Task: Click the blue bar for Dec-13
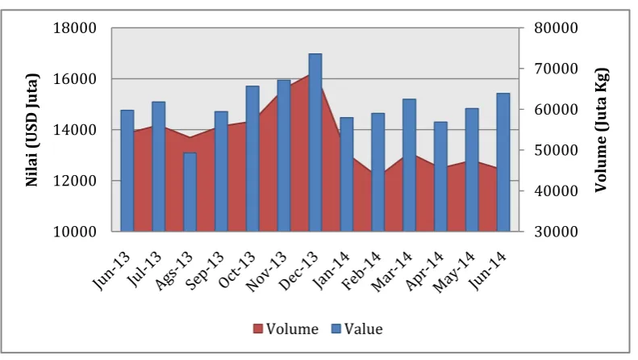[x=315, y=143]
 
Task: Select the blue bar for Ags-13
[x=190, y=192]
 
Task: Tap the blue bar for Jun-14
[x=503, y=162]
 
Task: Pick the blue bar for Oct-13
[x=252, y=159]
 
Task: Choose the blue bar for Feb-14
[x=378, y=172]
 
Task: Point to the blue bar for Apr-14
[x=440, y=177]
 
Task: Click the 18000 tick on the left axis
[x=75, y=28]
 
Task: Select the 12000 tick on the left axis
[x=75, y=181]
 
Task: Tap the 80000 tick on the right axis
[x=556, y=28]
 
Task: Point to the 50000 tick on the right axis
[x=556, y=150]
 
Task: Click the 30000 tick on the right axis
[x=556, y=232]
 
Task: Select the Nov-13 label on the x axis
[x=267, y=271]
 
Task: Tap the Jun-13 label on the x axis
[x=112, y=270]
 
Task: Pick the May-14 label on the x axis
[x=453, y=272]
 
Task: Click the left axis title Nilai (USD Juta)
[x=32, y=130]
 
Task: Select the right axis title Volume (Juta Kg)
[x=601, y=130]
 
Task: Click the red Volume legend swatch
[x=257, y=329]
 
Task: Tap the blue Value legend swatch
[x=336, y=329]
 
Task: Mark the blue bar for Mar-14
[x=409, y=165]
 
